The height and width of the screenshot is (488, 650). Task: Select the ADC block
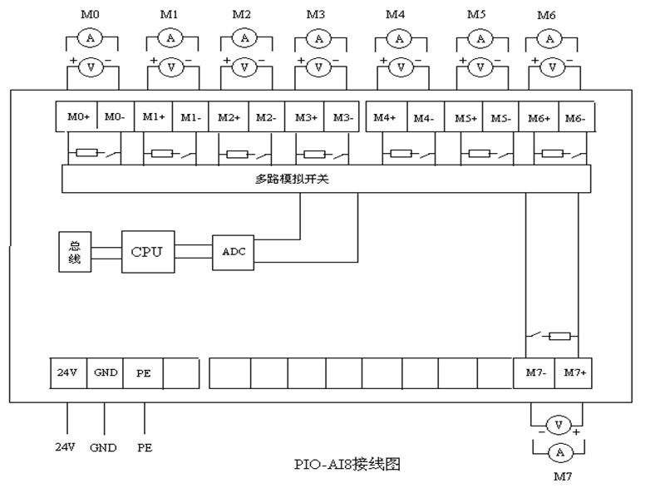click(x=234, y=250)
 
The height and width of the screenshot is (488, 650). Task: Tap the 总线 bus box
click(x=75, y=250)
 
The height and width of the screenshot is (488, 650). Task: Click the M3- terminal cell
click(x=342, y=117)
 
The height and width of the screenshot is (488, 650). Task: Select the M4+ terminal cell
click(x=384, y=117)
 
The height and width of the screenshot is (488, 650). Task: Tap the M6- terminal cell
click(x=574, y=117)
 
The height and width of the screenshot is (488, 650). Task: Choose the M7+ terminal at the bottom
click(x=574, y=373)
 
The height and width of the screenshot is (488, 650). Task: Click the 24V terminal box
click(x=66, y=373)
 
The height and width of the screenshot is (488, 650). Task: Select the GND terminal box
click(x=105, y=373)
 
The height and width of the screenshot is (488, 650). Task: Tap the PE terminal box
click(x=144, y=373)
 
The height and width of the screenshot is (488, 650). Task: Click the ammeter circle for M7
click(x=559, y=451)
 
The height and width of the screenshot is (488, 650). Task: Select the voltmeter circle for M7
click(x=559, y=425)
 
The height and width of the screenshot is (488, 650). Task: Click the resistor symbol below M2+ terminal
click(x=238, y=154)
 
